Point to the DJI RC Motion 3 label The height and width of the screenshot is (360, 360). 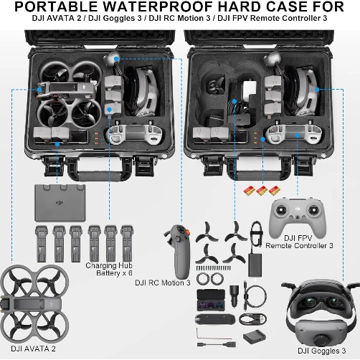[x=163, y=283]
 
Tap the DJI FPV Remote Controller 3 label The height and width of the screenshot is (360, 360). [x=299, y=242]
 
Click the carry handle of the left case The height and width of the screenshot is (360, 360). [x=92, y=171]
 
